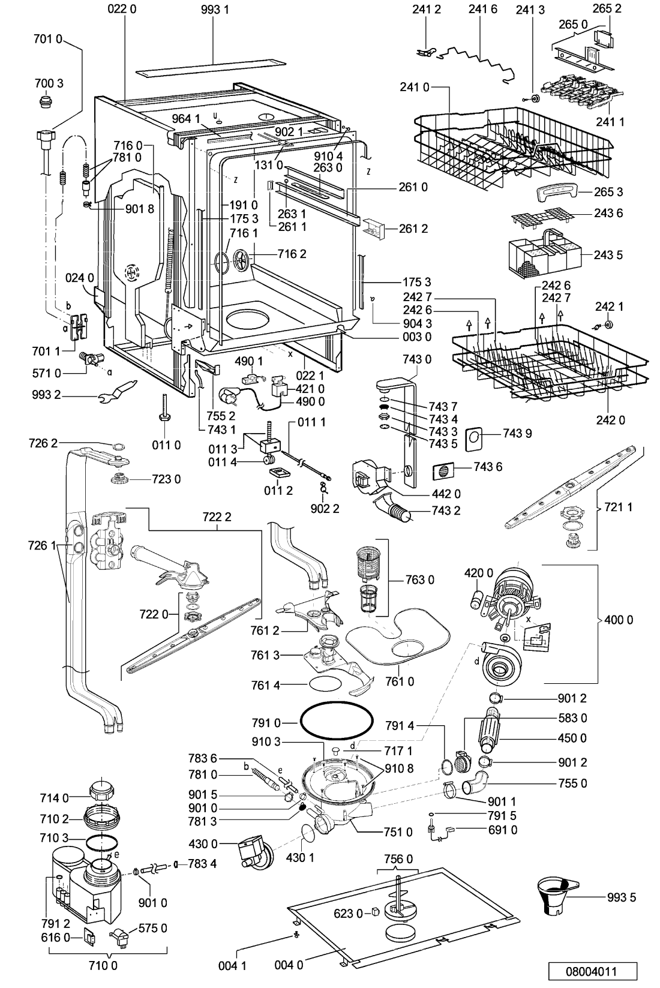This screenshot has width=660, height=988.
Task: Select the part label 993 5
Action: pyautogui.click(x=621, y=897)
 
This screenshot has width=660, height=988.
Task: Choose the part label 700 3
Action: pyautogui.click(x=49, y=83)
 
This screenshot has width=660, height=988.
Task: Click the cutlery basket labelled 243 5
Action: pyautogui.click(x=545, y=252)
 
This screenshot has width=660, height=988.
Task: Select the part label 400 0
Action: pyautogui.click(x=619, y=620)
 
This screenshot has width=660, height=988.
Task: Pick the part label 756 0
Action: pyautogui.click(x=398, y=859)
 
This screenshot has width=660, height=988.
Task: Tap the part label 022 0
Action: pyautogui.click(x=122, y=9)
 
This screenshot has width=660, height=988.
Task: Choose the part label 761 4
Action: pyautogui.click(x=266, y=685)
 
